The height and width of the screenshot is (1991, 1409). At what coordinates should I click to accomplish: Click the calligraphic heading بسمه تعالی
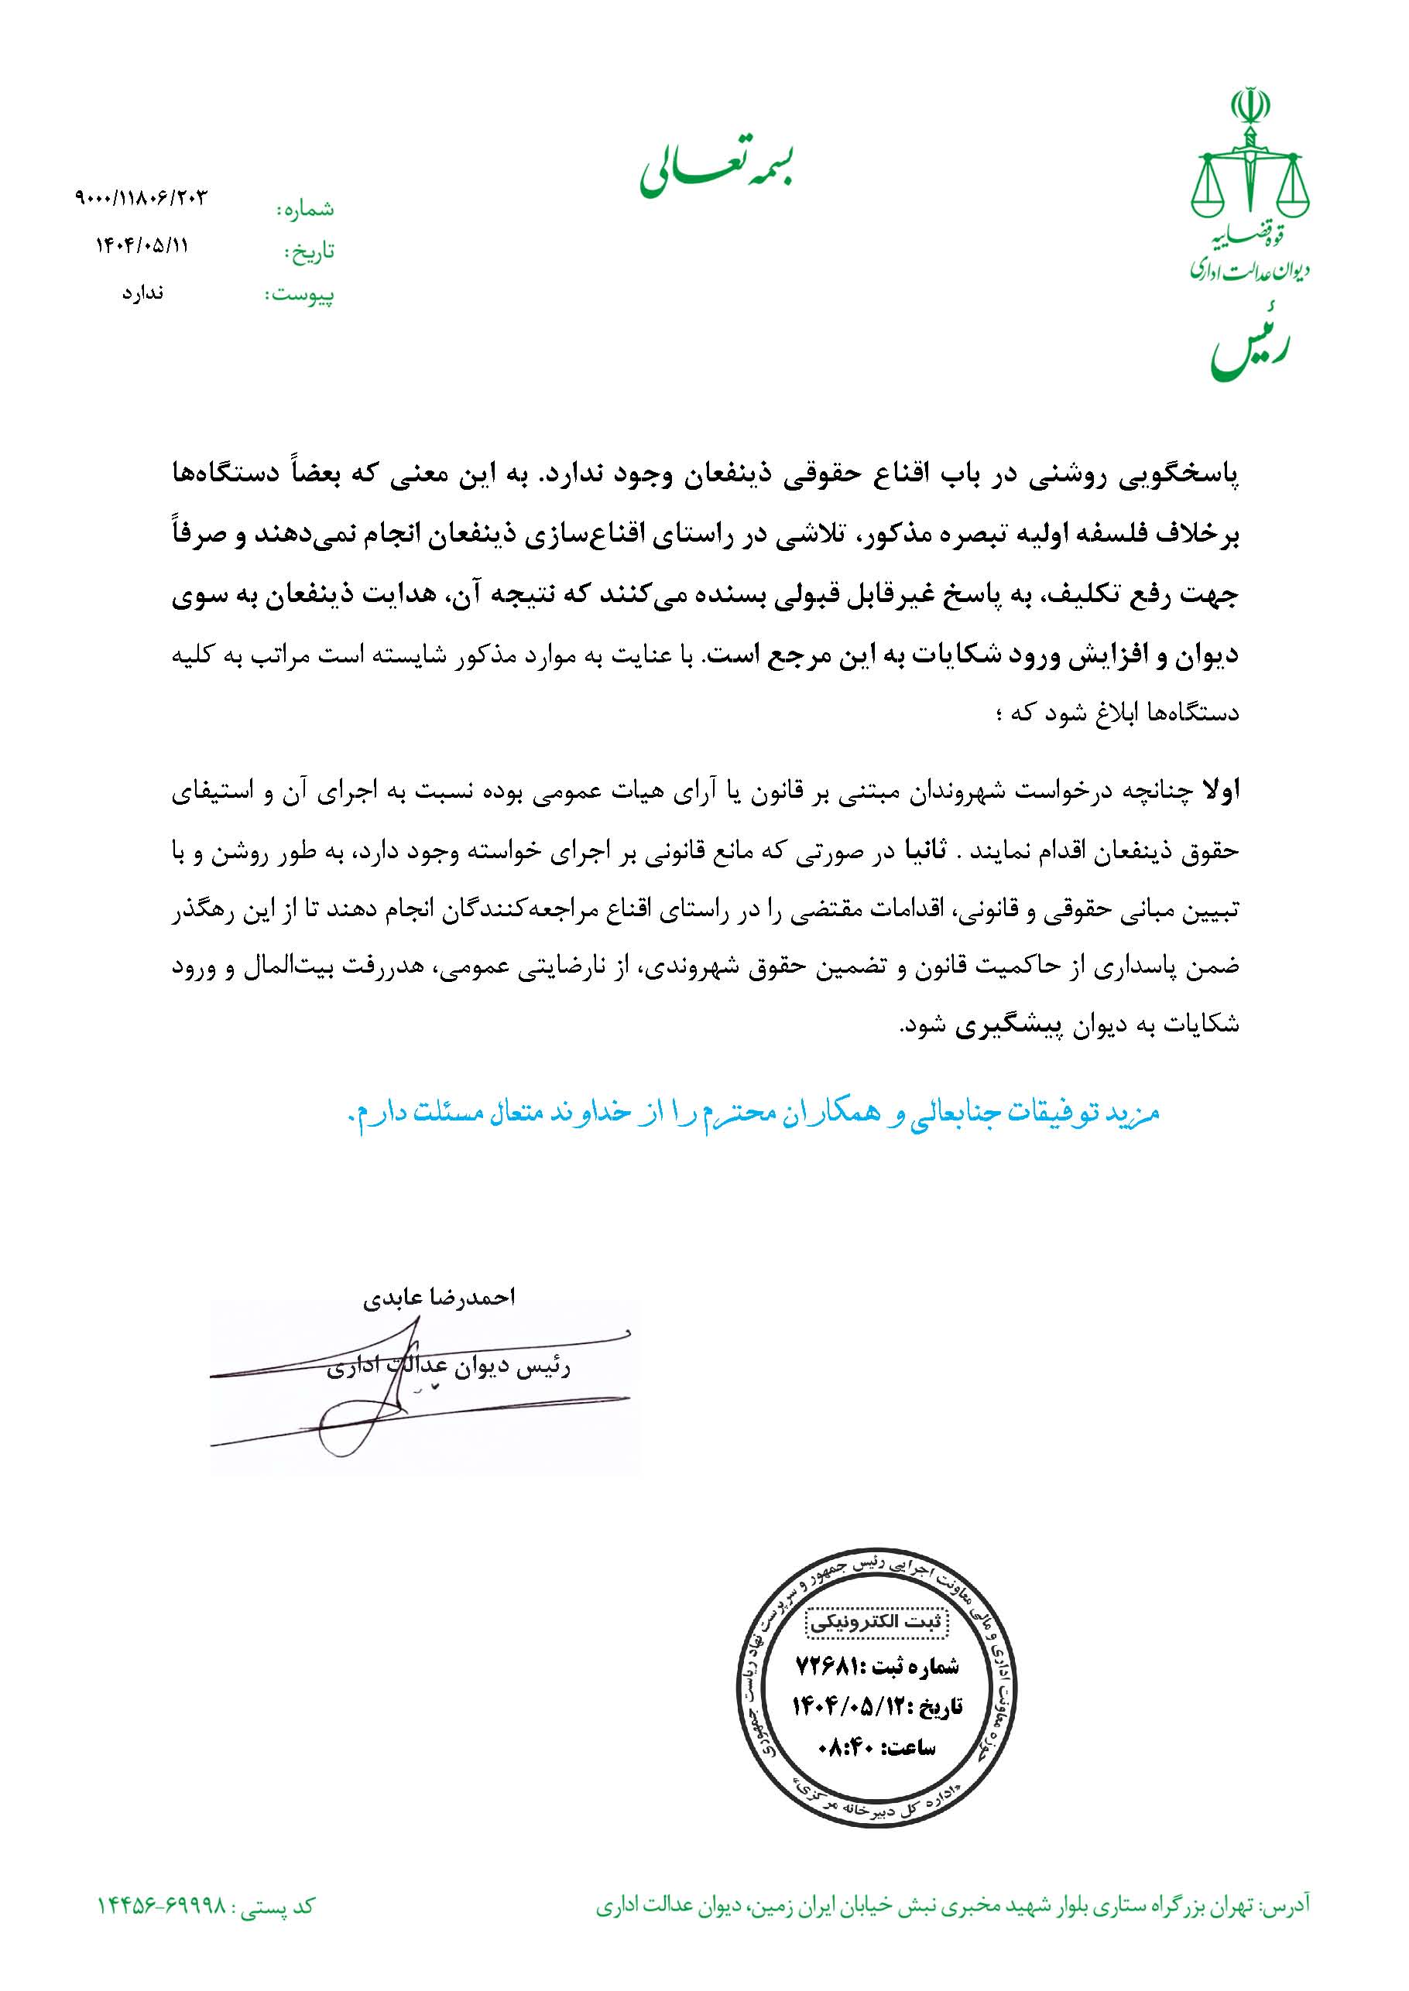click(x=718, y=171)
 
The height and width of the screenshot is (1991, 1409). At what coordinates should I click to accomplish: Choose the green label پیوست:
click(x=300, y=296)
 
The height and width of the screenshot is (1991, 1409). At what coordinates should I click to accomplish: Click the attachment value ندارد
click(x=142, y=293)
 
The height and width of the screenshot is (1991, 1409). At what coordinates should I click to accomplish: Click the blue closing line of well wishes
click(x=753, y=1113)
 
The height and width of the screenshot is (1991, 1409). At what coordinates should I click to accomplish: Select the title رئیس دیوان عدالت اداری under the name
click(x=447, y=1367)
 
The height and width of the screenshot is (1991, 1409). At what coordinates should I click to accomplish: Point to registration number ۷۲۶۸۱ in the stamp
click(x=824, y=1666)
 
